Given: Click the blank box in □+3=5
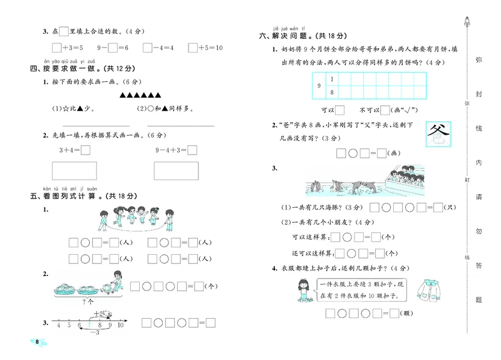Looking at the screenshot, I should tap(57, 48).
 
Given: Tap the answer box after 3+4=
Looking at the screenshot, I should tap(86, 150).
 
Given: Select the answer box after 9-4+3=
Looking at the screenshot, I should tap(192, 150).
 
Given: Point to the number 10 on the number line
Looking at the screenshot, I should tap(121, 325).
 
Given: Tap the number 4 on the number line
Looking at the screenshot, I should tap(59, 325).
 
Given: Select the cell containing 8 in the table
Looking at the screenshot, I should tap(331, 93).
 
